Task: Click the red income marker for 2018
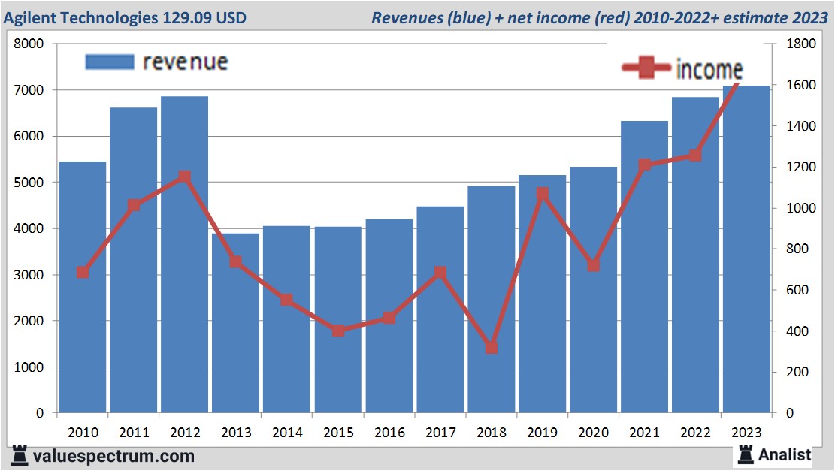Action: [492, 348]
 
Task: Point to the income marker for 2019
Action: [543, 194]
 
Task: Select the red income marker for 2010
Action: [83, 273]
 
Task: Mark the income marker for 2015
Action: [338, 331]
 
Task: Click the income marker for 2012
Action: [184, 177]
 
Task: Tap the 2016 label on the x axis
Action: [389, 433]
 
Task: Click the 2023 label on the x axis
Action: [746, 433]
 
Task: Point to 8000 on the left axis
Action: [30, 44]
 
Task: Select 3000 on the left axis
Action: [30, 275]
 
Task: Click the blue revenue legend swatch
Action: [110, 62]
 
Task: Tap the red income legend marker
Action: [646, 68]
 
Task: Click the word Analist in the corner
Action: [784, 454]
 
